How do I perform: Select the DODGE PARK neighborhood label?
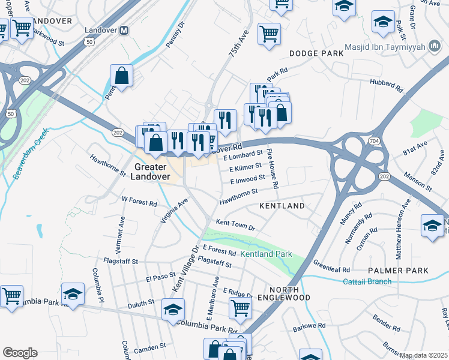pos(316,53)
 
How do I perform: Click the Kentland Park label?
pos(266,254)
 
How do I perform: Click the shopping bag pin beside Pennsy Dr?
pos(121,77)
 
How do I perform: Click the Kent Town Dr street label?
pos(235,226)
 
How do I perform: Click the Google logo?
pos(20,352)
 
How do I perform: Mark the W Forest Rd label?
pos(139,202)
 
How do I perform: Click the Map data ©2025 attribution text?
pos(424,355)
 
